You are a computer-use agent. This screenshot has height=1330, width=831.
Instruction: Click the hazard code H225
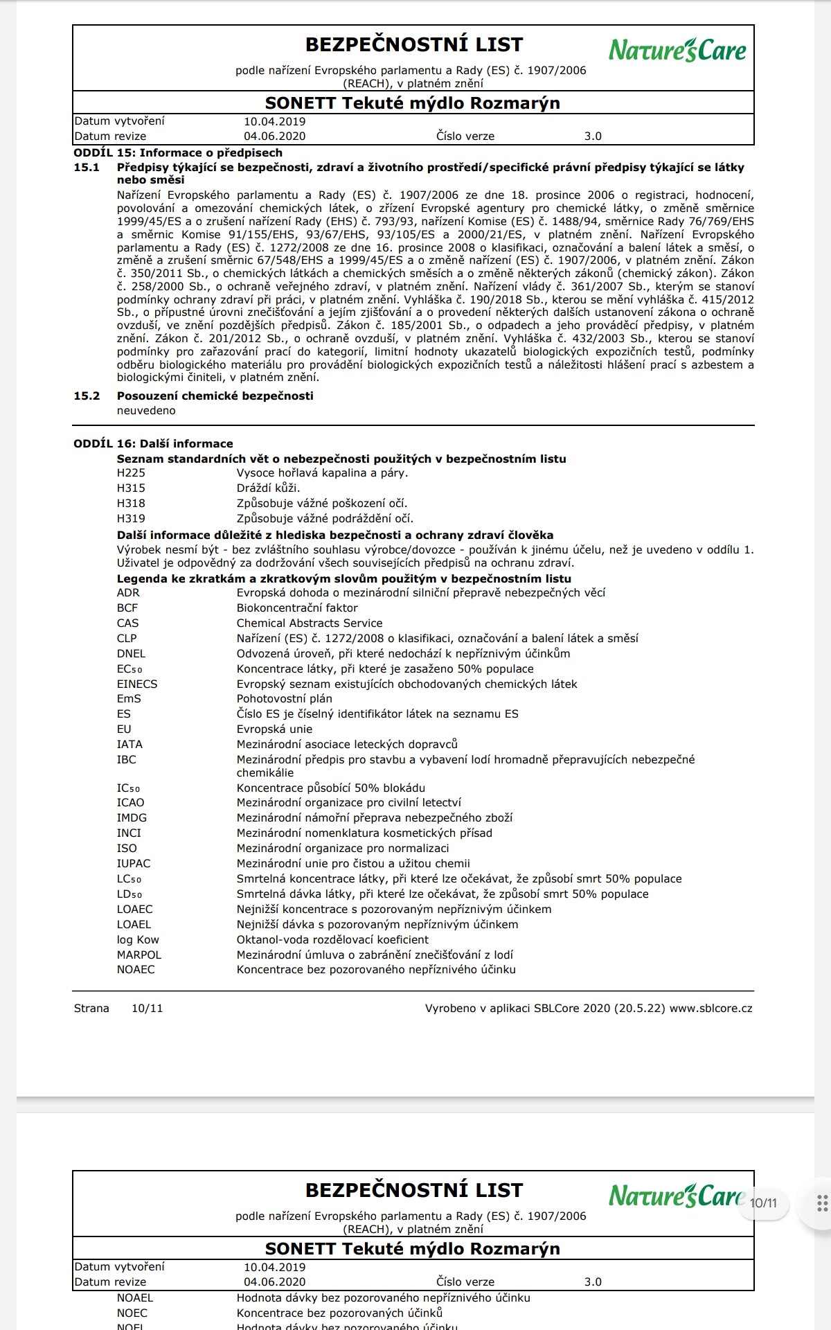pos(131,473)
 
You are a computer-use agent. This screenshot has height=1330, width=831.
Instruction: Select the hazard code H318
pos(131,504)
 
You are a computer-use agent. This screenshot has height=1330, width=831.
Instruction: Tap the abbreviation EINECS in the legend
pos(137,684)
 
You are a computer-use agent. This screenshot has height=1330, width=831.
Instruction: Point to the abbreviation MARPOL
pos(138,955)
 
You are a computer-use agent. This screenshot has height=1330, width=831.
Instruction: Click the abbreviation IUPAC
pos(133,864)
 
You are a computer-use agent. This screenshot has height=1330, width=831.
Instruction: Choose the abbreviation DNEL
pos(131,654)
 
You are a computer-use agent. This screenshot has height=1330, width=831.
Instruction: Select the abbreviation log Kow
pos(138,940)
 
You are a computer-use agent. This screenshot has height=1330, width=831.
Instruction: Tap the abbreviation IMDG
pos(132,818)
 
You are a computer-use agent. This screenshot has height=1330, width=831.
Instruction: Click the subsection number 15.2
pos(87,396)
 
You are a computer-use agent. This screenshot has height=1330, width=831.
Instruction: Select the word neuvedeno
pos(146,411)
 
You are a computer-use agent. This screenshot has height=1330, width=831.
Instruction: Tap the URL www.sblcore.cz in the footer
pos(711,1009)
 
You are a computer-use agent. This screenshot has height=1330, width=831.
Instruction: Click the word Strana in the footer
pos(91,1009)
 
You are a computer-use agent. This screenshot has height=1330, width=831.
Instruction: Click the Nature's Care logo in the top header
pos(677,50)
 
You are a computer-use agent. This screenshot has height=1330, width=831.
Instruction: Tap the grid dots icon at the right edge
pos(822,1203)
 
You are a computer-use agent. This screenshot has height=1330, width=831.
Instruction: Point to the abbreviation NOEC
pos(132,1313)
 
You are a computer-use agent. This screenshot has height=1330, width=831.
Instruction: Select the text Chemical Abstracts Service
pos(310,623)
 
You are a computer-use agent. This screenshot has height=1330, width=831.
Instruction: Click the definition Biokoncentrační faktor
pos(297,608)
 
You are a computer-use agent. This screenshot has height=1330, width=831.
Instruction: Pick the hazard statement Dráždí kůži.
pos(268,488)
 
